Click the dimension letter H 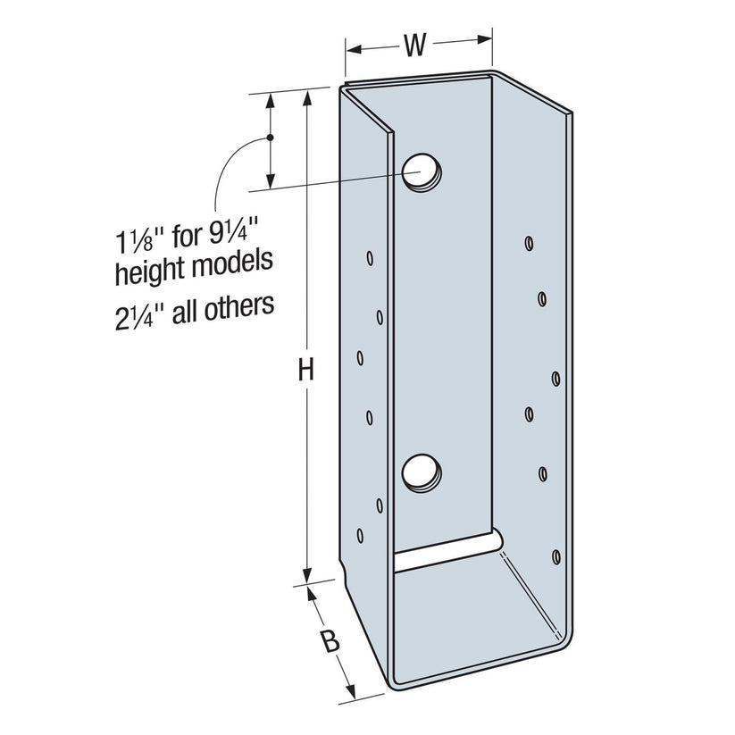pos(306,370)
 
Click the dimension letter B pos(330,641)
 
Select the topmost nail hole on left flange pos(369,260)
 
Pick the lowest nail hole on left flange pos(360,536)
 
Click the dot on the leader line pos(268,138)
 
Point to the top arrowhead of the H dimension pos(307,95)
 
